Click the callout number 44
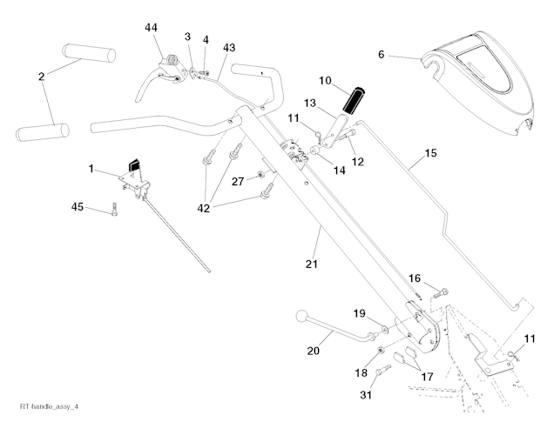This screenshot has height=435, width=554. pos(151,28)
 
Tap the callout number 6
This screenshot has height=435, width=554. pos(381,54)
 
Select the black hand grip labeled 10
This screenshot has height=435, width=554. pos(355,99)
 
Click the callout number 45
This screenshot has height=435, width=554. pos(78,206)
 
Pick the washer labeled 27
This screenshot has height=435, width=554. pos(261,178)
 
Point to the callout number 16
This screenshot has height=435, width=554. pos(414,279)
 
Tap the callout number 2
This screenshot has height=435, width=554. pos(40,77)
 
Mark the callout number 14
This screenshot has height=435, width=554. pos(339,170)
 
